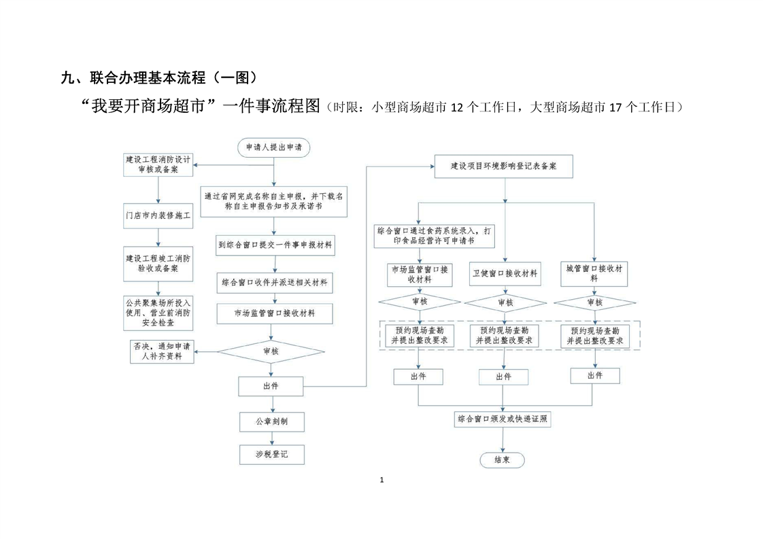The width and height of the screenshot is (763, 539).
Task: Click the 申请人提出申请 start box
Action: tap(273, 147)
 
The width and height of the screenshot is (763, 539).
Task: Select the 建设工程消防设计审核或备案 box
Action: tap(158, 164)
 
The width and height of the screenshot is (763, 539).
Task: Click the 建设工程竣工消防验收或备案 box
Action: tap(158, 264)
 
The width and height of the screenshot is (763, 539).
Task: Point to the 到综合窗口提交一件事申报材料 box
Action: tap(275, 245)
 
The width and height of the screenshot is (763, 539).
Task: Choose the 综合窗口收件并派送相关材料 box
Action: tap(275, 281)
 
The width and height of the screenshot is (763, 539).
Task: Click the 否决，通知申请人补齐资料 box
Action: tap(161, 351)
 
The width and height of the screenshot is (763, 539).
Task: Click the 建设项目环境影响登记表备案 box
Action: tap(503, 166)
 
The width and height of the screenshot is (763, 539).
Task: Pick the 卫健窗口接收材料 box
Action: tap(505, 274)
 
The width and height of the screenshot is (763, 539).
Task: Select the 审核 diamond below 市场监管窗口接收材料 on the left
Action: tap(420, 302)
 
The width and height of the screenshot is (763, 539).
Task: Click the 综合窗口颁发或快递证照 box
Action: tap(503, 419)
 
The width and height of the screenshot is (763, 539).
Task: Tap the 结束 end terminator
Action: tap(502, 460)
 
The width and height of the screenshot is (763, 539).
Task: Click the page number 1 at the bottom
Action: tap(381, 481)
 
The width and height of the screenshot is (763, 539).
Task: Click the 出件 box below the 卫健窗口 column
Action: tap(503, 377)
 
